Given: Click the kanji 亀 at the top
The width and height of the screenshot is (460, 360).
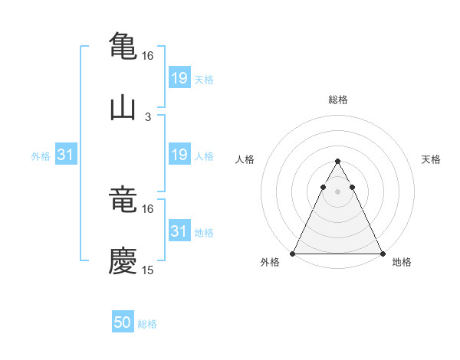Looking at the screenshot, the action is (x=123, y=44).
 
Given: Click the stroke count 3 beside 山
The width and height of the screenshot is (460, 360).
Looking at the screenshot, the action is (x=148, y=117).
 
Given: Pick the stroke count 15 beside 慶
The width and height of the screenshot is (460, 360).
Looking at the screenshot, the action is (x=148, y=270).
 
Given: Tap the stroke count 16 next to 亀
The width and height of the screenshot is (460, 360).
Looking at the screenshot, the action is (x=148, y=56).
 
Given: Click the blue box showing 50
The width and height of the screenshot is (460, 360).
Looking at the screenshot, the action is (x=123, y=322).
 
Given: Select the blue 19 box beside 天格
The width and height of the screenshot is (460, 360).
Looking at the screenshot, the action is (x=179, y=78).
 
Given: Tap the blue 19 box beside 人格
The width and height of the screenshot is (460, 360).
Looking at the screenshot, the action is (x=179, y=155).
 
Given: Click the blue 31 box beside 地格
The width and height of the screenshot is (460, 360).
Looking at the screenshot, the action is (x=179, y=231).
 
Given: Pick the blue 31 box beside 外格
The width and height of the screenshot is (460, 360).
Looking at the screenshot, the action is (x=66, y=155).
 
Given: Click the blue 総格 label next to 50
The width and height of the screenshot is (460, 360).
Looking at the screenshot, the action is (x=147, y=324).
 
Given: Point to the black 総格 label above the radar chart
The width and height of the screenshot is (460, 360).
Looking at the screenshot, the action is (x=338, y=100).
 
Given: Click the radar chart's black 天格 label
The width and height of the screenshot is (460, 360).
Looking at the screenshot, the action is (x=432, y=159).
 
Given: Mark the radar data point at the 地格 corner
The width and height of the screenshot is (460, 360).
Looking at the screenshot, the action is (x=383, y=254).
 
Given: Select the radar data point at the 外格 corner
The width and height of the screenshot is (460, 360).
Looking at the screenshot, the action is (x=293, y=254).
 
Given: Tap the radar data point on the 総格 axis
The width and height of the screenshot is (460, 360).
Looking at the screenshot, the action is (x=337, y=162).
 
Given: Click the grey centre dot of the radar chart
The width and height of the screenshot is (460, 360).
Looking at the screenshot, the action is (x=337, y=191).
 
